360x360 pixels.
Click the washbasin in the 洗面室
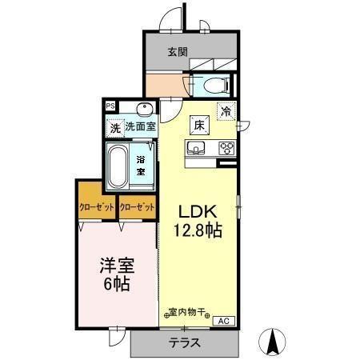coord(145,110)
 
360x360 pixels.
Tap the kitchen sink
coord(198,147)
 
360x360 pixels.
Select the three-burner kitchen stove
coord(225,147)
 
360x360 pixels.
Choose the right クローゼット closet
coord(137,206)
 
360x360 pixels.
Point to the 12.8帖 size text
coord(198,230)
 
